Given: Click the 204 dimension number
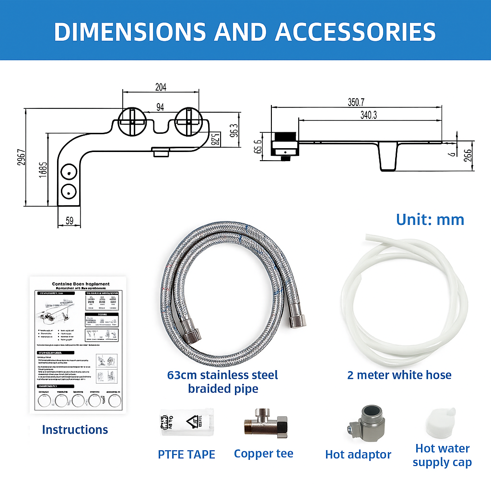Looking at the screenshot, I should pyautogui.click(x=161, y=87).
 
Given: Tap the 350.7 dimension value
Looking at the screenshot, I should pyautogui.click(x=356, y=102).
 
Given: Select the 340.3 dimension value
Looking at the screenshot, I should pyautogui.click(x=368, y=115).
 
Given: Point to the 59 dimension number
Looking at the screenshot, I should pyautogui.click(x=69, y=221).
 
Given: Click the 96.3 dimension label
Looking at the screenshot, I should pyautogui.click(x=234, y=130).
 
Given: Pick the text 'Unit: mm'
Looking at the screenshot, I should pyautogui.click(x=430, y=220).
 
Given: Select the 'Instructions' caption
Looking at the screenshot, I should pyautogui.click(x=75, y=430).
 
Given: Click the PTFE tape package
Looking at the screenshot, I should pyautogui.click(x=186, y=422).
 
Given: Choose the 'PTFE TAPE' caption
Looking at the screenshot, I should pyautogui.click(x=187, y=454).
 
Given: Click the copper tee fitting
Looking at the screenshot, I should pyautogui.click(x=263, y=423).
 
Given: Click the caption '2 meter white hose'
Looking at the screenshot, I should pyautogui.click(x=399, y=374).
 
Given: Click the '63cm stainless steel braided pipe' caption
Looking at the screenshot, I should pyautogui.click(x=222, y=382).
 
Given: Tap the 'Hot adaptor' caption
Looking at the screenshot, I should pyautogui.click(x=358, y=455).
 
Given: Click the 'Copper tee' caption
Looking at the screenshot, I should pyautogui.click(x=263, y=454).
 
